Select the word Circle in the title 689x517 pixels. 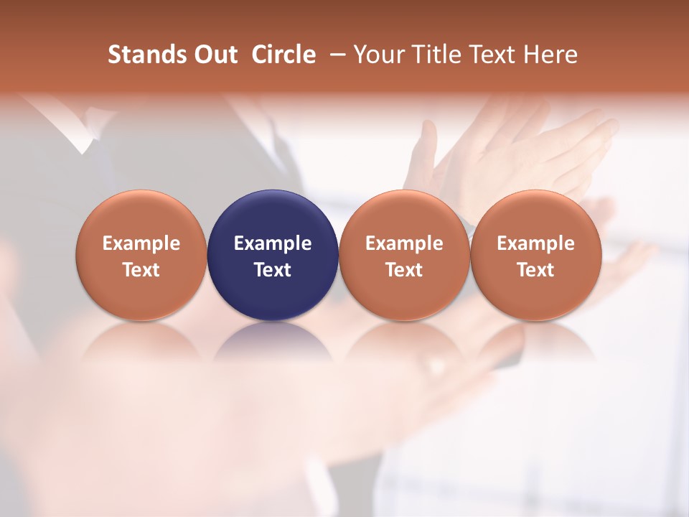click(x=283, y=55)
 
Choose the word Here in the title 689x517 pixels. click(x=551, y=55)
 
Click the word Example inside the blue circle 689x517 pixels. click(x=273, y=243)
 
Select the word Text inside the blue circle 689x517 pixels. click(x=273, y=270)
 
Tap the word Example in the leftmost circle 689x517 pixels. click(x=141, y=243)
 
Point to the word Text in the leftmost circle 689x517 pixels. click(x=141, y=270)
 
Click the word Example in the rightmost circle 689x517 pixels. click(x=536, y=243)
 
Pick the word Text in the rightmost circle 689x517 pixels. click(x=536, y=270)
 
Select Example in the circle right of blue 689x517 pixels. click(x=404, y=243)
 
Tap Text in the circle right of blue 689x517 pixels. click(x=404, y=270)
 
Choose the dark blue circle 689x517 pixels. click(x=273, y=215)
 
